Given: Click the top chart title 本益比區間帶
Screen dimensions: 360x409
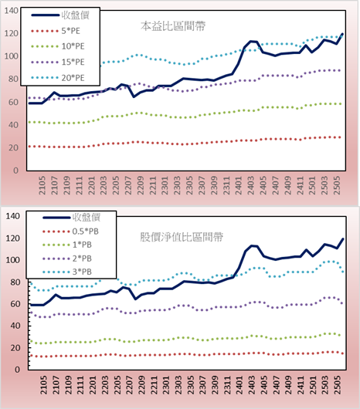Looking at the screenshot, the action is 173,26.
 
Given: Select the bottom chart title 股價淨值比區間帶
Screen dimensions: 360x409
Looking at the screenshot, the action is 182,237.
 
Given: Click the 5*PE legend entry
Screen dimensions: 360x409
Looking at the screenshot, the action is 70,31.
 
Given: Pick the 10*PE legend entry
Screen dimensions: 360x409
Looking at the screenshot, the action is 73,46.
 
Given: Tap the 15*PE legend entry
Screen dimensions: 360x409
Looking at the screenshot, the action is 73,62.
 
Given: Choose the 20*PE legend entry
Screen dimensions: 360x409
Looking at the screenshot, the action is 73,78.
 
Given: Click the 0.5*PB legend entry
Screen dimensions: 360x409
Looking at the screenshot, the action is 86,232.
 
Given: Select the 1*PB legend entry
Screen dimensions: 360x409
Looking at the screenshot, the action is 82,245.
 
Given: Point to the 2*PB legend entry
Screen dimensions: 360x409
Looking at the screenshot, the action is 82,259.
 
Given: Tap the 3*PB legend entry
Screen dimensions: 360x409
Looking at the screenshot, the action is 82,272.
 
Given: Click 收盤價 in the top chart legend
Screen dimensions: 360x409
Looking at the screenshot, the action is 75,15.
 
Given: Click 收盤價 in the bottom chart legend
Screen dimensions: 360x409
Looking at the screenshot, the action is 87,218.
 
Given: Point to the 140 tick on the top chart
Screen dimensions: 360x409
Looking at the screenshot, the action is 12,11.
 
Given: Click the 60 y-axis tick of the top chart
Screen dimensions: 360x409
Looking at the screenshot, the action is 13,102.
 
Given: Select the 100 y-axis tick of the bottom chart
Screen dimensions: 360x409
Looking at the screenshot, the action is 12,260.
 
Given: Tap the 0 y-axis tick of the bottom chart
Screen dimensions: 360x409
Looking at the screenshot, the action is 17,370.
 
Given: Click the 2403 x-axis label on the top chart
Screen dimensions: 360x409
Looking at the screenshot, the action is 251,185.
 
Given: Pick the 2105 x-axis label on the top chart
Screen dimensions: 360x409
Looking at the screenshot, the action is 42,185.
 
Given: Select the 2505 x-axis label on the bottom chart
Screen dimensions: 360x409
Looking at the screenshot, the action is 338,385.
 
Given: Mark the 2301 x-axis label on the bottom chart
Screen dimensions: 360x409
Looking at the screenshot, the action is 166,385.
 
